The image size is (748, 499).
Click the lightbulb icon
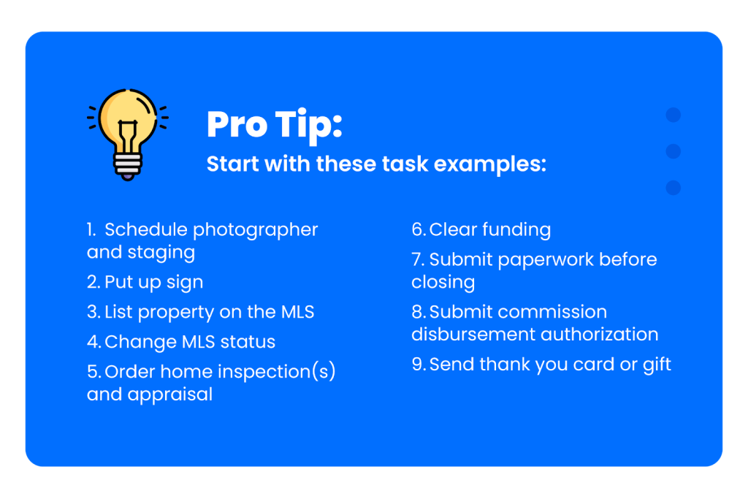pyautogui.click(x=127, y=134)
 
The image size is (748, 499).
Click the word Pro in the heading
pyautogui.click(x=237, y=124)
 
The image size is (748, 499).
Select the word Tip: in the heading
pyautogui.click(x=309, y=126)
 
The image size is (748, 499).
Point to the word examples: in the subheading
pyautogui.click(x=490, y=164)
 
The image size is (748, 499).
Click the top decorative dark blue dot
pyautogui.click(x=673, y=115)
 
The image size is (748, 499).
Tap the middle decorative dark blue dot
pyautogui.click(x=673, y=151)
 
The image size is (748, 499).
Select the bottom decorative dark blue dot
pyautogui.click(x=673, y=188)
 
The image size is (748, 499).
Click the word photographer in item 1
pyautogui.click(x=255, y=230)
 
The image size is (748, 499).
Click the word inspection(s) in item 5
pyautogui.click(x=276, y=372)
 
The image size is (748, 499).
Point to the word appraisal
pyautogui.click(x=169, y=395)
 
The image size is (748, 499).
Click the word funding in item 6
pyautogui.click(x=516, y=230)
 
